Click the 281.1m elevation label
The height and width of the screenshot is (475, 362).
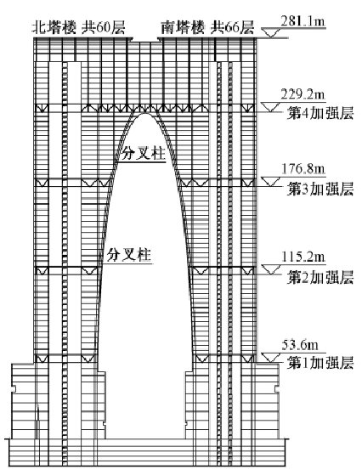coord(303,21)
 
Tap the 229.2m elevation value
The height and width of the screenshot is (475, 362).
coord(303,94)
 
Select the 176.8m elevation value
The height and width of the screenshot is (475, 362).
coord(303,169)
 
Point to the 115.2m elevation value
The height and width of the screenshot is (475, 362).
coord(303,257)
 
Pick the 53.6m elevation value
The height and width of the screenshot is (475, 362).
coord(300,345)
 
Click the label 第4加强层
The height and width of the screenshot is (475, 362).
coord(320,114)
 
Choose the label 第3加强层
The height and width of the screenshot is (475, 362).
coord(320,189)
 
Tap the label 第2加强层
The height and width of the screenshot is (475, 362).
coord(320,277)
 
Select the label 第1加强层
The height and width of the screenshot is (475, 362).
coord(320,362)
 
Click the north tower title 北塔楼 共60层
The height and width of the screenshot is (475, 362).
coord(79,28)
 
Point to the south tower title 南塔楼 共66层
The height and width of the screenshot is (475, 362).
coord(207,28)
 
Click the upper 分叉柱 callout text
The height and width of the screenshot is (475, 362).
coord(144,154)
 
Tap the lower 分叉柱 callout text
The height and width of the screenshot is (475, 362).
coord(129,255)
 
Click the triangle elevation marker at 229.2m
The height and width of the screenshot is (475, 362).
coord(271,107)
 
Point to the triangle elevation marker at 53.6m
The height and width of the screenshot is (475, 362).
coord(271,358)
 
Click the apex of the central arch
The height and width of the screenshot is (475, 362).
coord(145,113)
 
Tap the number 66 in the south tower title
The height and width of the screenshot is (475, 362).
coord(233,28)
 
